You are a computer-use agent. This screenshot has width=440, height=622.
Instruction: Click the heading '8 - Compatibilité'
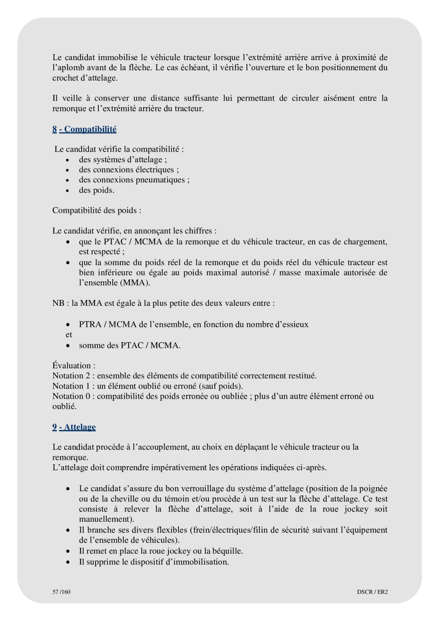click(84, 129)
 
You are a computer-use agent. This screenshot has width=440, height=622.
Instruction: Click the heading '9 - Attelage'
click(74, 427)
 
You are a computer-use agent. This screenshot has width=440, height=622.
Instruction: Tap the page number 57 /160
click(61, 592)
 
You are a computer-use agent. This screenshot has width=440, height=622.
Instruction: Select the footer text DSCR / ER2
click(372, 592)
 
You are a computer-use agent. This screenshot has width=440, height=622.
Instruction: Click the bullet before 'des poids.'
click(68, 191)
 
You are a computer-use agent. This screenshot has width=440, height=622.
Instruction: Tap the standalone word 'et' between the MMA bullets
click(69, 335)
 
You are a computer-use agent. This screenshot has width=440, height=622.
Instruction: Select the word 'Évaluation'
click(72, 366)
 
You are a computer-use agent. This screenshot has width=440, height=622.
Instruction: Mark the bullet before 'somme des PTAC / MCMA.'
click(68, 346)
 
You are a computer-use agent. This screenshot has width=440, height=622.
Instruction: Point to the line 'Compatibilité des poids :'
click(97, 210)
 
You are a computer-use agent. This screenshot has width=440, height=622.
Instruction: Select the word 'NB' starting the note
click(58, 303)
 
